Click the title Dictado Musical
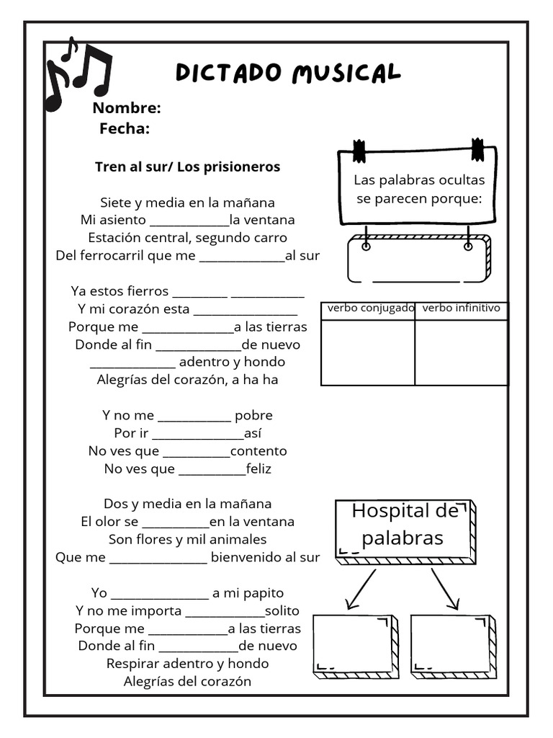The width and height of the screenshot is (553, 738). click(288, 73)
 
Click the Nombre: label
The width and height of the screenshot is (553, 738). click(126, 108)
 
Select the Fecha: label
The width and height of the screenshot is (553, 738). click(125, 128)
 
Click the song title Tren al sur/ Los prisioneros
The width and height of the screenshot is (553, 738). click(187, 166)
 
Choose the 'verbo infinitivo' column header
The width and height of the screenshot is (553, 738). click(461, 308)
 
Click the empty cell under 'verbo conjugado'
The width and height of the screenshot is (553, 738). click(368, 352)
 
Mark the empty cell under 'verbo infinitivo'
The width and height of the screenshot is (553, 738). click(461, 352)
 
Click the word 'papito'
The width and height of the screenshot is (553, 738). click(264, 593)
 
